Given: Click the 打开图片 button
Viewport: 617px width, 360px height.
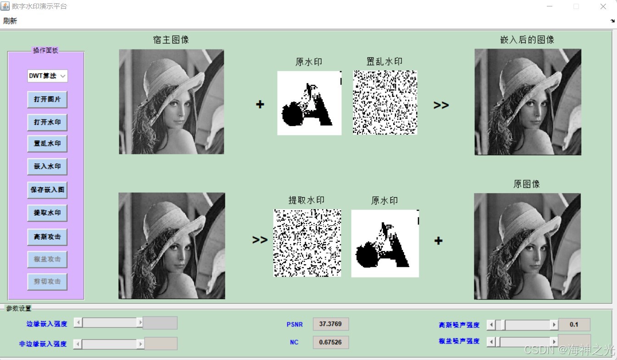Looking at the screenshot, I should click(x=47, y=99).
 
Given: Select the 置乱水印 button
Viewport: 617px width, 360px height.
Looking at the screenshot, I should click(x=47, y=144).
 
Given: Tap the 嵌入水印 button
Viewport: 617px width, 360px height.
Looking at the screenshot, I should click(x=47, y=166).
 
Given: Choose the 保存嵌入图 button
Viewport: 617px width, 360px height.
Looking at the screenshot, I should click(x=47, y=189).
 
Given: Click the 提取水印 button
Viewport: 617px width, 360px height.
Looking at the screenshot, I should click(x=47, y=213).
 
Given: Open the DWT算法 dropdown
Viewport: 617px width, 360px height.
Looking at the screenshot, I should click(x=47, y=76).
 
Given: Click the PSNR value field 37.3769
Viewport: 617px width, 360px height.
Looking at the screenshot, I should click(x=331, y=324).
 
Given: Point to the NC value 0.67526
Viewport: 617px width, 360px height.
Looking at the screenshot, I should click(x=331, y=342).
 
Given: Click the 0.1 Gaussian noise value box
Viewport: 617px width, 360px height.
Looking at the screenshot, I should click(x=574, y=325).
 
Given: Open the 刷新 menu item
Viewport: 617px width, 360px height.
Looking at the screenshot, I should click(x=10, y=21).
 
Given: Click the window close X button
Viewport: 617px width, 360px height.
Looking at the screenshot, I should click(x=603, y=6).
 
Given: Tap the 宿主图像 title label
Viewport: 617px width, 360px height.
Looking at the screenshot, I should click(x=171, y=40).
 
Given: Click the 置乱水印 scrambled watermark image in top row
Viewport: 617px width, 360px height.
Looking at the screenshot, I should click(x=385, y=102).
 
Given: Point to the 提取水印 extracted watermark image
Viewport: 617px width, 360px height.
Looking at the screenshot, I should click(x=307, y=243).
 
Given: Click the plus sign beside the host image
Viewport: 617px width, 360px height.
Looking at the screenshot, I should click(x=260, y=105).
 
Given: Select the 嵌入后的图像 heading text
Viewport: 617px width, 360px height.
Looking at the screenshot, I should click(x=527, y=40).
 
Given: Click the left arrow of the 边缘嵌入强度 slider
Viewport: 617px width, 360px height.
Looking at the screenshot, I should click(x=78, y=323).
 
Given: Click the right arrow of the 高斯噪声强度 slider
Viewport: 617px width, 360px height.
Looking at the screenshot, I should click(x=554, y=325).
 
